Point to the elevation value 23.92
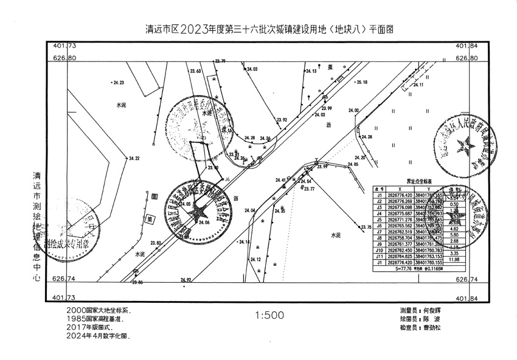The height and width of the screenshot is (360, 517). point(281,120)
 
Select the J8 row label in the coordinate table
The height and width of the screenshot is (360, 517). point(379,238)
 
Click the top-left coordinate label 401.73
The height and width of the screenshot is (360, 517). point(64,46)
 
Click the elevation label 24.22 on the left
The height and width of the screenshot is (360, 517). point(134,159)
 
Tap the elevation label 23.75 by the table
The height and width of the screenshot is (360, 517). point(366,227)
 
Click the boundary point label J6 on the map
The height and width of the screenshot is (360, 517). point(227,179)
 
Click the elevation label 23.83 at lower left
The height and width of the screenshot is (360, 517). point(155,243)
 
